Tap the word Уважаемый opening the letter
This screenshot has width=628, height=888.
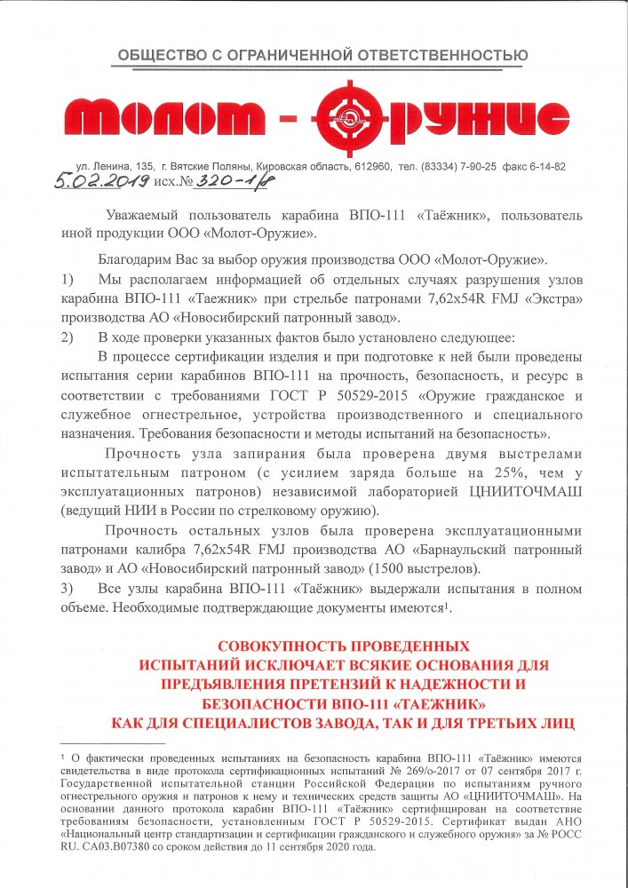coord(142,216)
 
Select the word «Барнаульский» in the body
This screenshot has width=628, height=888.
coord(503,551)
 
